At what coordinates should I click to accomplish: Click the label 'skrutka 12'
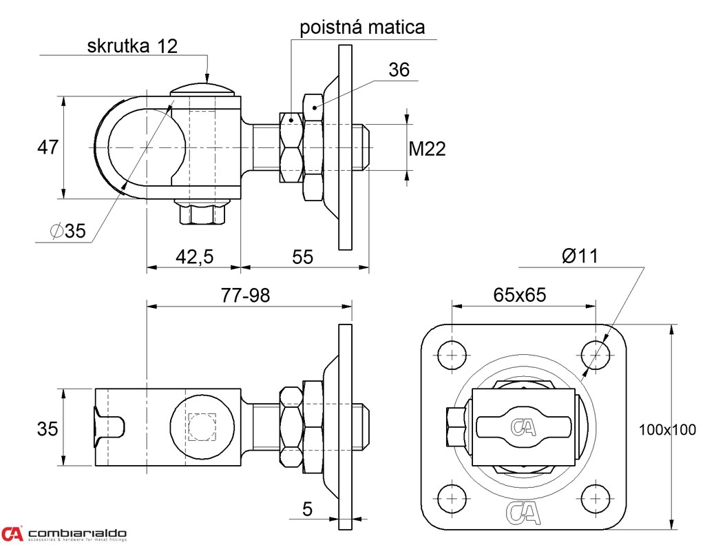point(133,46)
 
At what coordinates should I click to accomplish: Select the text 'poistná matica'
point(362,27)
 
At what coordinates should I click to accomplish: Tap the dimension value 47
point(48,147)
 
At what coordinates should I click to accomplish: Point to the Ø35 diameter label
point(68,232)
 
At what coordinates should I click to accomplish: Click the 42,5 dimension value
point(195,257)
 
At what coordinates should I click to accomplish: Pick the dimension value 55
point(302,257)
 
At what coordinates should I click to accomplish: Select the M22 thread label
point(427,148)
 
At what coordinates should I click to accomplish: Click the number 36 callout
point(399,70)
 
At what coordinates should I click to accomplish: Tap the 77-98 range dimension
point(246,296)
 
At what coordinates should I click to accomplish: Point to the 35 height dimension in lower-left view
point(48,429)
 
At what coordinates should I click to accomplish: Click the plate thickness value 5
point(307,510)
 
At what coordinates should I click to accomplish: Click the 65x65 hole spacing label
point(520,296)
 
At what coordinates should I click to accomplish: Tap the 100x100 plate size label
point(667,429)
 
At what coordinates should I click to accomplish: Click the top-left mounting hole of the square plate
point(451,355)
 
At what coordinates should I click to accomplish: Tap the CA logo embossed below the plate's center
point(523,513)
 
